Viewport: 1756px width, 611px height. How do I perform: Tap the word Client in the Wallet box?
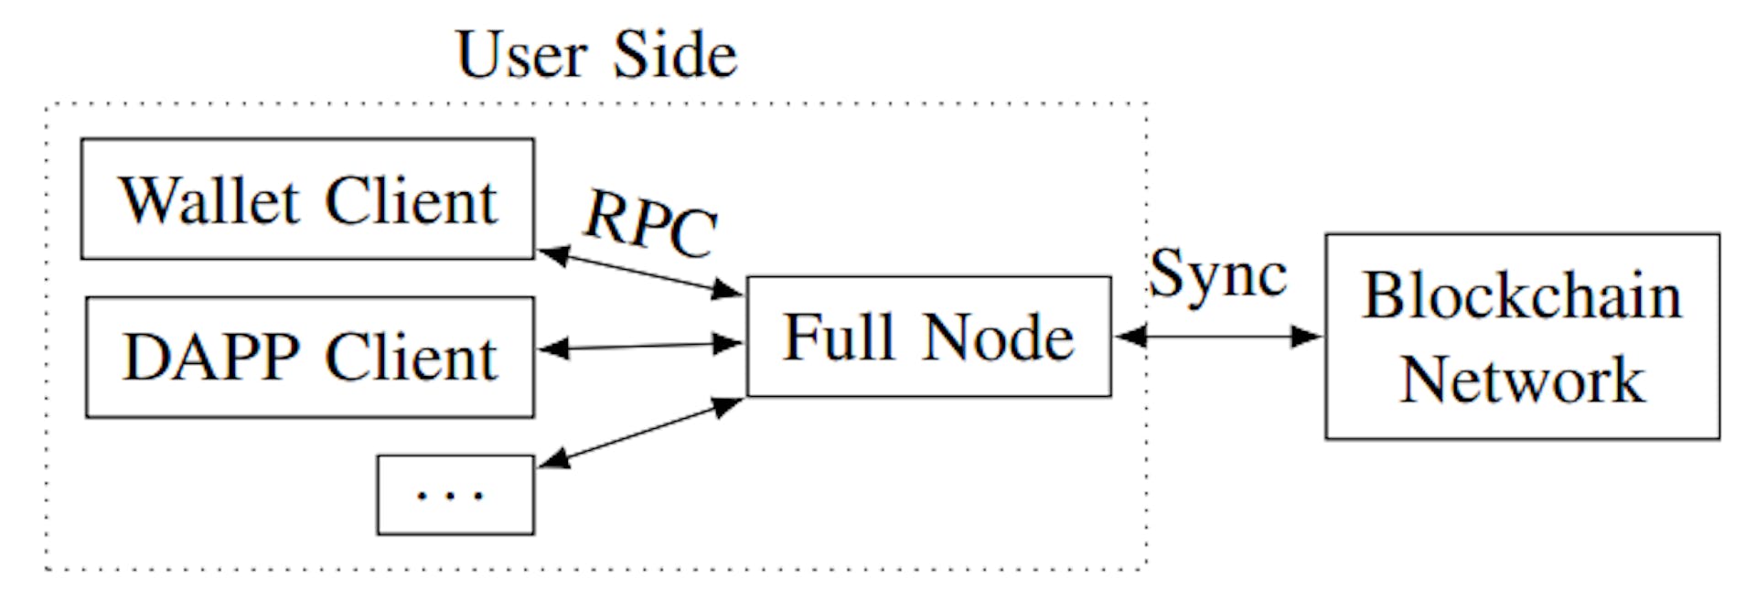click(x=411, y=200)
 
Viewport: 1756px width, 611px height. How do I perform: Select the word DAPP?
click(x=211, y=357)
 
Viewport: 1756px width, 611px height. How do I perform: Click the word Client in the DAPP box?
click(x=411, y=357)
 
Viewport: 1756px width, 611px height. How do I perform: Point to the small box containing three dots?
click(x=455, y=494)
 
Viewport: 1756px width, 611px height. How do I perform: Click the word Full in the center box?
click(x=839, y=337)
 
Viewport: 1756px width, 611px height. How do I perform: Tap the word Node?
click(x=998, y=337)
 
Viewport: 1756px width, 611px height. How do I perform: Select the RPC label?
click(x=650, y=223)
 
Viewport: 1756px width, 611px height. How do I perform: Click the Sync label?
click(x=1217, y=274)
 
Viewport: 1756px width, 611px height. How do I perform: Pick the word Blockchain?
click(x=1522, y=296)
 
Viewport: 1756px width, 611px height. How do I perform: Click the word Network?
click(x=1522, y=379)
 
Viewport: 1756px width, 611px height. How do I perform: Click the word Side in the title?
click(x=675, y=55)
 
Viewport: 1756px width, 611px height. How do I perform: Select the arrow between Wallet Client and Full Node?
click(x=640, y=272)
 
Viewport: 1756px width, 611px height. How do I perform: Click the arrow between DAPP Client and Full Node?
click(x=640, y=347)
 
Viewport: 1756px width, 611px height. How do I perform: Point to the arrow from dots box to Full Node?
click(x=640, y=433)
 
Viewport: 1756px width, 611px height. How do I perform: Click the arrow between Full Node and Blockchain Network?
click(x=1218, y=337)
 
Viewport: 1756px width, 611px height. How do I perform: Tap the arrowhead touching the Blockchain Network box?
click(x=1308, y=337)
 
